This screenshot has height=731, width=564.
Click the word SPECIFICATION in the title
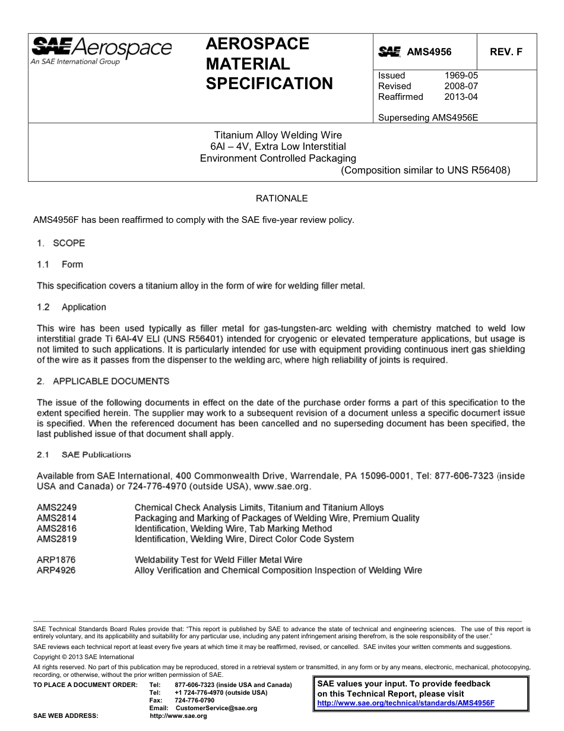(x=269, y=84)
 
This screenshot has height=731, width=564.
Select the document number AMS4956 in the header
(x=429, y=52)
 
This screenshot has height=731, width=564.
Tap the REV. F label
(x=506, y=52)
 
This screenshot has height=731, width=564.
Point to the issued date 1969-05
(x=461, y=75)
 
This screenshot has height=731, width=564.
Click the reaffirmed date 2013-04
(x=461, y=97)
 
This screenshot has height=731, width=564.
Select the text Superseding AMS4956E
(x=428, y=118)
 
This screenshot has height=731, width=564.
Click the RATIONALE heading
(x=281, y=198)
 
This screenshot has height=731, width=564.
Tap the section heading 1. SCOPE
(x=61, y=243)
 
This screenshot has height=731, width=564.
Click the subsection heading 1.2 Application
(x=71, y=307)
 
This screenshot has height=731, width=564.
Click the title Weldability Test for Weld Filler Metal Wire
(x=218, y=560)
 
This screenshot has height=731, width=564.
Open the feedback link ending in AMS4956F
(x=406, y=702)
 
